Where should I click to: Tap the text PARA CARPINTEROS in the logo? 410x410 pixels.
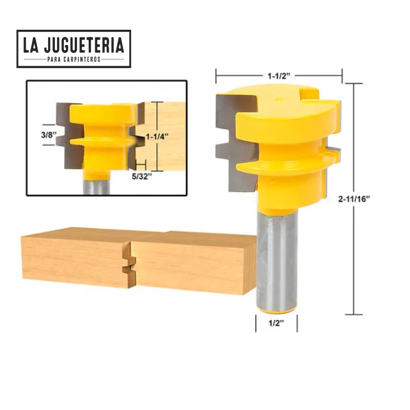pos(74,59)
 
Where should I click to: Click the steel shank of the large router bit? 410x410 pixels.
pos(277,256)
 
